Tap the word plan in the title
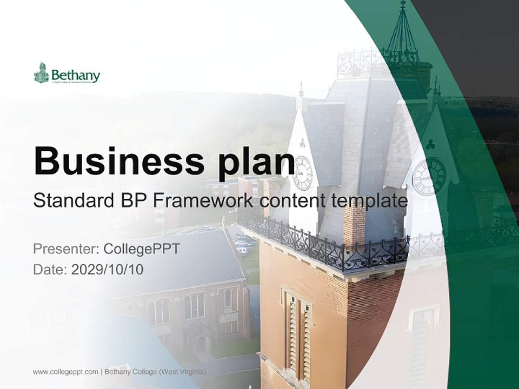[251, 162]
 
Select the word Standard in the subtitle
[71, 201]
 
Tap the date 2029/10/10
[107, 269]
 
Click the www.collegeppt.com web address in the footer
[65, 372]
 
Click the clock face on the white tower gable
[302, 173]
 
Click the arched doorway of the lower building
[201, 344]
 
